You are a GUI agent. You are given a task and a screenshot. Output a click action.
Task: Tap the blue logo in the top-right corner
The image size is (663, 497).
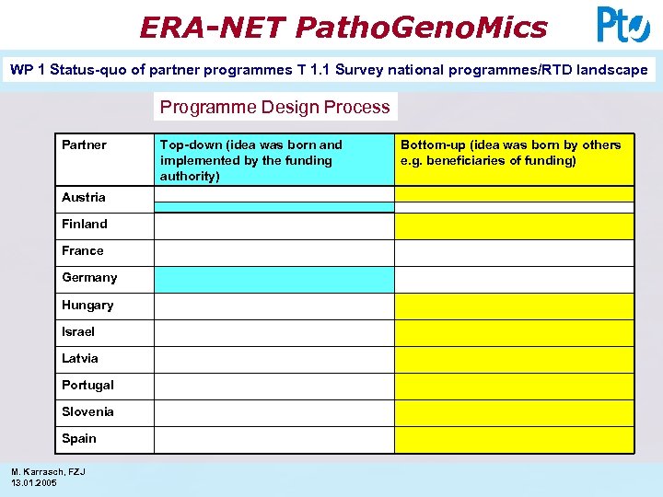[x=622, y=24]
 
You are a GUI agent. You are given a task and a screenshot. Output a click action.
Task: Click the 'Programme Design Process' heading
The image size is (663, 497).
[x=274, y=107]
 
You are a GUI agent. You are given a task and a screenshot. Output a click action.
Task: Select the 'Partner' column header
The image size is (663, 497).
[x=84, y=144]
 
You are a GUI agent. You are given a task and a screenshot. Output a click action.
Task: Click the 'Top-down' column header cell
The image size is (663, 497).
[x=273, y=160]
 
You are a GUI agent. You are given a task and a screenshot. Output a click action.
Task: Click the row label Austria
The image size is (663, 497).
[x=84, y=197]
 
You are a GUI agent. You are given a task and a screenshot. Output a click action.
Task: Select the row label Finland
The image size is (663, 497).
[x=85, y=224]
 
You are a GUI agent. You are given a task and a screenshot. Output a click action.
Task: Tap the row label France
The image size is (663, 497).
[x=83, y=250]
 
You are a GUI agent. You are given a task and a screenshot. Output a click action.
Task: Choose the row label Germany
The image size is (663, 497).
[x=89, y=277]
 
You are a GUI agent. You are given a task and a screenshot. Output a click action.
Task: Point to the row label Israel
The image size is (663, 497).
[x=78, y=331]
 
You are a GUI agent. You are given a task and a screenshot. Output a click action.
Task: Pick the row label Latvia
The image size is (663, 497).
[x=80, y=358]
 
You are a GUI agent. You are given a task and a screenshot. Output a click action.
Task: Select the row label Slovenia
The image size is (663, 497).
[x=88, y=411]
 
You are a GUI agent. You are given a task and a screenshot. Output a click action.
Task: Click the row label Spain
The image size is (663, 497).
[x=79, y=438]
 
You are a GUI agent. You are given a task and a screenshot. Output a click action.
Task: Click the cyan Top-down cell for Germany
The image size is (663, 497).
[x=273, y=280]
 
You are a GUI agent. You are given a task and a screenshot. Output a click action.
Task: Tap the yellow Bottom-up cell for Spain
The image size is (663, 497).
[x=514, y=440]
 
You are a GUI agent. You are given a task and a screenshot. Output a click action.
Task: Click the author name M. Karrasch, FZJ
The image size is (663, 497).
[x=48, y=472]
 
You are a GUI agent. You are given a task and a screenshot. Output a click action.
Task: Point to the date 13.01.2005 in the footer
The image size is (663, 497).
[x=34, y=482]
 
